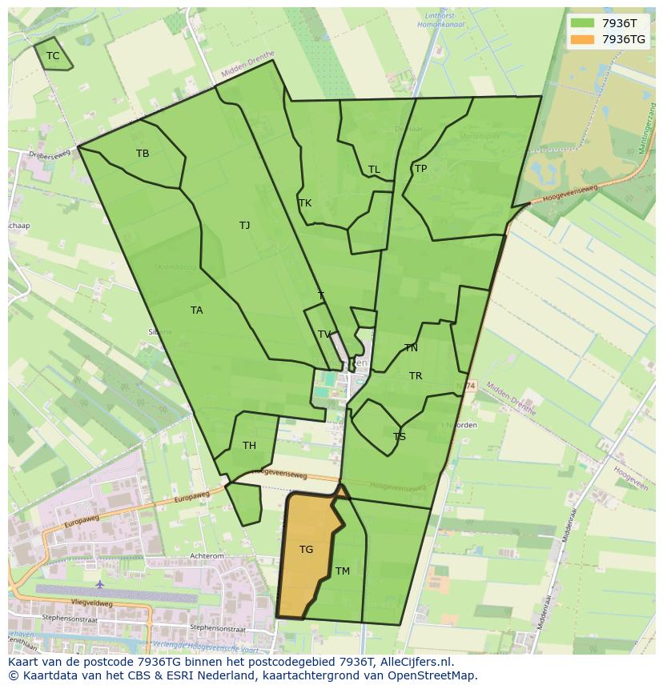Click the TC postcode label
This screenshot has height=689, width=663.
53,56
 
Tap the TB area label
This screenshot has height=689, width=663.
143,154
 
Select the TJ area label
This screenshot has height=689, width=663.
244,226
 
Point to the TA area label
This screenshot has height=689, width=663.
197,310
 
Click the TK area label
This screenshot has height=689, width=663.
305,203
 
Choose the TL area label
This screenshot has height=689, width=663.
374,170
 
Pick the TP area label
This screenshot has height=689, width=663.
420,169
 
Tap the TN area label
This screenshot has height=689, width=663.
411,348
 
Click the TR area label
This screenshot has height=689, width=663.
416,376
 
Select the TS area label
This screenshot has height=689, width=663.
400,437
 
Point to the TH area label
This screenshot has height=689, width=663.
249,446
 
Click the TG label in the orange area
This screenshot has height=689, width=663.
307,550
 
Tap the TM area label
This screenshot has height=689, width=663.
343,571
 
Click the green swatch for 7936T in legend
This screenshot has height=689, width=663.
582,23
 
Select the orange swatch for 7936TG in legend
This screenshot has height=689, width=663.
582,39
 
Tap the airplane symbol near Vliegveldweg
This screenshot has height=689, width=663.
99,585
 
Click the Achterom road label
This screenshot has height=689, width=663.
206,555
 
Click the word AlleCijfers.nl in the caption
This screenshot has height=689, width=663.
416,663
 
